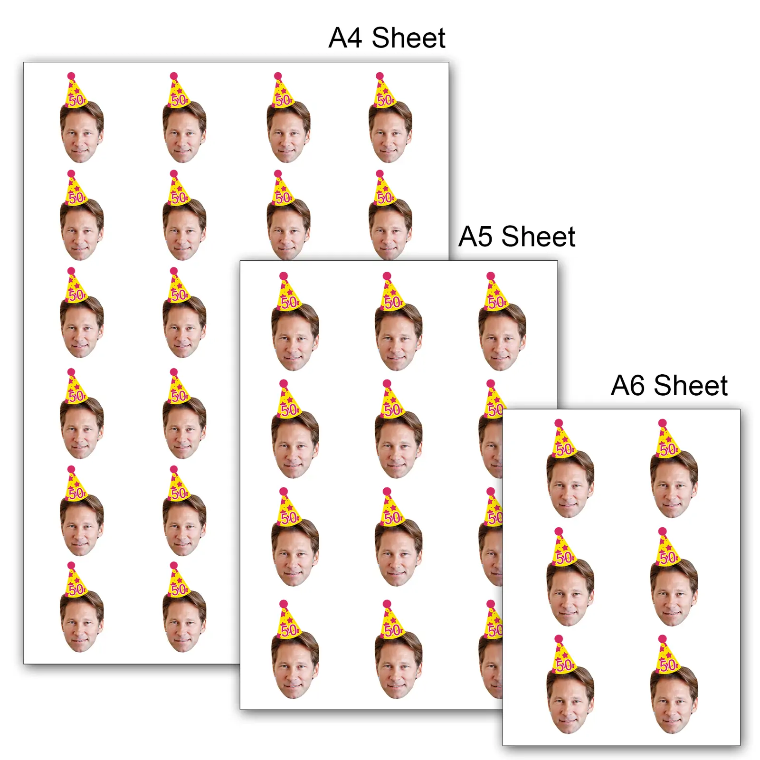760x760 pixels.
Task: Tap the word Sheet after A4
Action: coord(408,38)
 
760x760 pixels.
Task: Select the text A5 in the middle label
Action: coord(475,237)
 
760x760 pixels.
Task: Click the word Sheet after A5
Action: coord(538,236)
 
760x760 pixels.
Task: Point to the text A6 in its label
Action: coord(627,385)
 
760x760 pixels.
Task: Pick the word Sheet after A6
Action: coord(691,385)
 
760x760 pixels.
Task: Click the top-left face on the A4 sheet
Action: coord(82,132)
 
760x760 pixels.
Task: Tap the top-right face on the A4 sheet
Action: coord(390,132)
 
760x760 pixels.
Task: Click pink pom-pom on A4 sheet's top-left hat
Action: coord(71,76)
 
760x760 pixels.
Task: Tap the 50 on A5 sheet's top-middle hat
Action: coord(393,302)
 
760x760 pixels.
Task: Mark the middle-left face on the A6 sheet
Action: coord(570,592)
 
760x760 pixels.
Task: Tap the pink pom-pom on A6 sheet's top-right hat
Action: coord(663,423)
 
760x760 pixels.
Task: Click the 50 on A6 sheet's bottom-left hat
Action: coord(564,665)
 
